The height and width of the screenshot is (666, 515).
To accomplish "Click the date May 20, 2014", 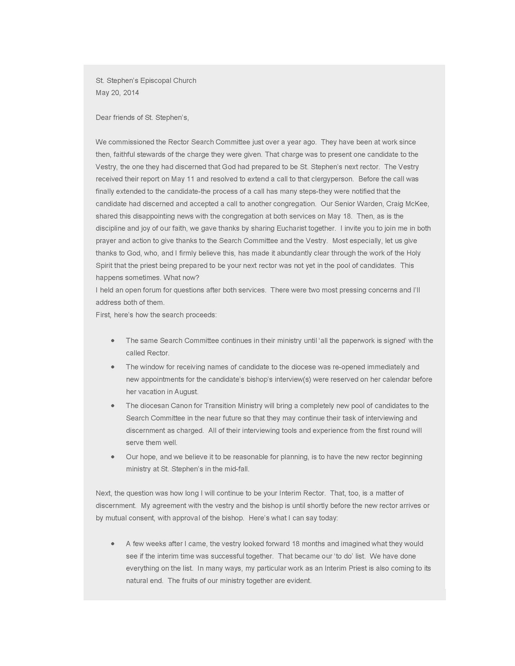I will [117, 93].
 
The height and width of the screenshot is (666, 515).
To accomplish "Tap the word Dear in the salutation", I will [103, 117].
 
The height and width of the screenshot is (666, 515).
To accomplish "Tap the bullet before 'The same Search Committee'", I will [113, 341].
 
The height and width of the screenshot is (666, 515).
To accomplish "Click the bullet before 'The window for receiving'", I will [113, 367].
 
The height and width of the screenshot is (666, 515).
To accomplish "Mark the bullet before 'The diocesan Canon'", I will [113, 406].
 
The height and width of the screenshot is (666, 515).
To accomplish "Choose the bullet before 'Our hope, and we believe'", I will [113, 457].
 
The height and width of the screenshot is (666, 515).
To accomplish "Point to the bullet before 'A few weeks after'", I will [113, 544].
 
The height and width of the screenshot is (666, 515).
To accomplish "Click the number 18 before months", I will [296, 544].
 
